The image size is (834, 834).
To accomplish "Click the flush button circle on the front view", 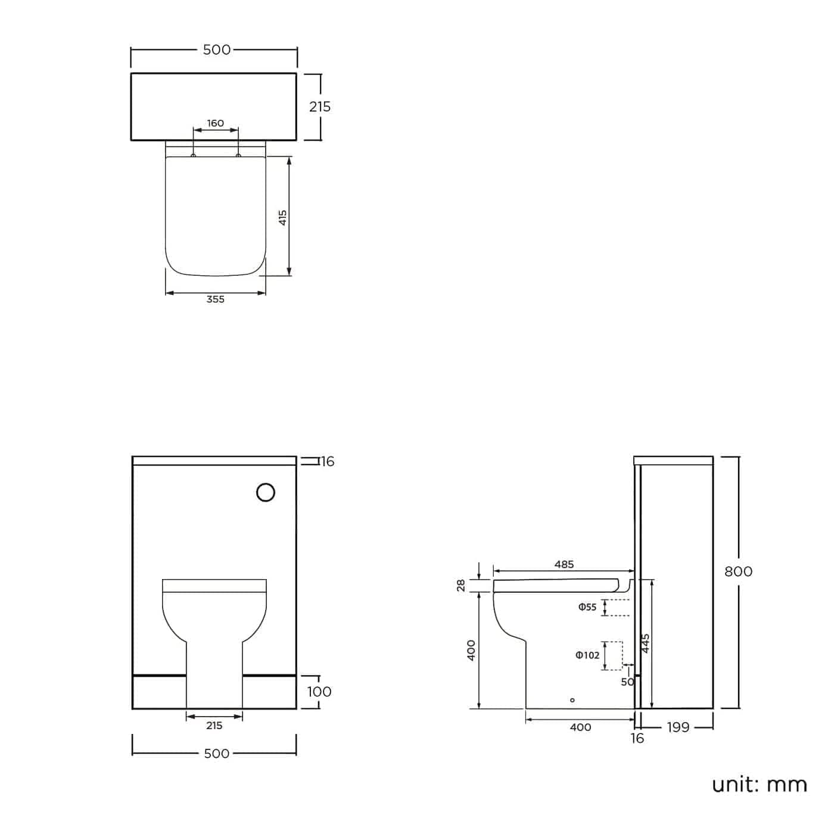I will click(266, 493).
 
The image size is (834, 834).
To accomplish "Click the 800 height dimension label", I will click(738, 571).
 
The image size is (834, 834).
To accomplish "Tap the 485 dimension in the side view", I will click(564, 564).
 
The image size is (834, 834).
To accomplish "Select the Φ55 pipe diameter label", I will click(587, 607).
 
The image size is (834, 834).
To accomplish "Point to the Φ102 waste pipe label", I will click(587, 655).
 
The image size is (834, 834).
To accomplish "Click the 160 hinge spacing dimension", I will click(216, 123).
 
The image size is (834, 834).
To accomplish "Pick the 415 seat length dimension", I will click(284, 217).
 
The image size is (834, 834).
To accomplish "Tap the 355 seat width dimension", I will click(216, 299).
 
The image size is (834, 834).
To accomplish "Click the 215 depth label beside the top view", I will click(319, 107).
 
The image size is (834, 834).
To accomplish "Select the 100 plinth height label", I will click(319, 692).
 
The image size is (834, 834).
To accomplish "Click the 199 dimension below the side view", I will click(678, 727).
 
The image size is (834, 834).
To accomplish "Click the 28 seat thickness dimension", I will click(461, 586).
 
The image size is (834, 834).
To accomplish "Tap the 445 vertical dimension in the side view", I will click(646, 643).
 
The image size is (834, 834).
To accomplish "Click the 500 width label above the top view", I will click(216, 49).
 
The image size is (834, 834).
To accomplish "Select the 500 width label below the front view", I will click(216, 754).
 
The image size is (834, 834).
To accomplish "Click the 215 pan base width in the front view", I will click(214, 726).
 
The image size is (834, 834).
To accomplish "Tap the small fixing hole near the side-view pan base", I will click(572, 700).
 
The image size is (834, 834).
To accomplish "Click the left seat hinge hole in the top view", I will click(193, 155).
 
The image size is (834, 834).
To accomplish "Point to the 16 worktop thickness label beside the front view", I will click(328, 462).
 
